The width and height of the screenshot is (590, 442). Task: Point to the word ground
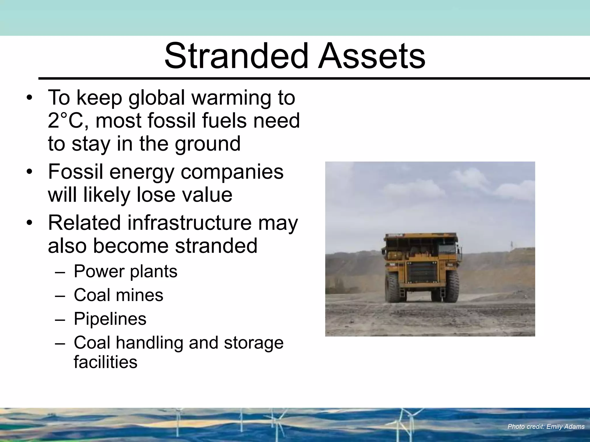click(x=207, y=144)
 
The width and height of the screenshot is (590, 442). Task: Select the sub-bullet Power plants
click(x=125, y=271)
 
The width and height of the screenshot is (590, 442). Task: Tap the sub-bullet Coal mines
click(x=118, y=295)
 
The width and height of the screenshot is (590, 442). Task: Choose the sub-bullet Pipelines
click(x=110, y=319)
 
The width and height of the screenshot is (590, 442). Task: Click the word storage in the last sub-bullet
click(x=254, y=343)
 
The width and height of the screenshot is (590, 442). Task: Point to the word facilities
click(x=105, y=362)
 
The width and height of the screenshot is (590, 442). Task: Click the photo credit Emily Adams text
click(x=546, y=426)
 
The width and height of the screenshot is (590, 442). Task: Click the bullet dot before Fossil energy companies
click(x=29, y=172)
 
